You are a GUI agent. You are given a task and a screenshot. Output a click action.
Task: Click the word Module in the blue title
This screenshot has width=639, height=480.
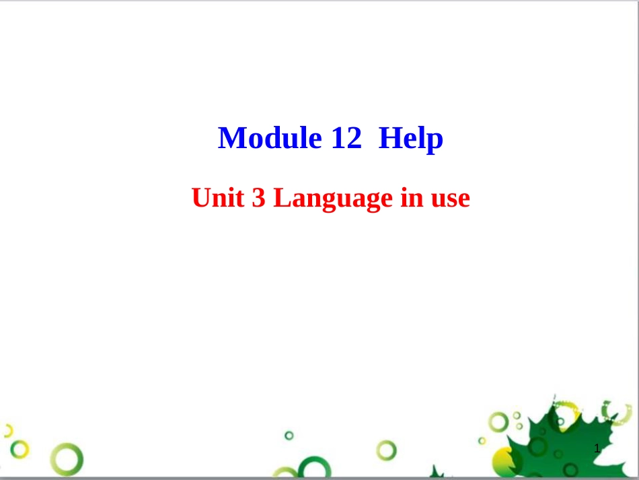[270, 138]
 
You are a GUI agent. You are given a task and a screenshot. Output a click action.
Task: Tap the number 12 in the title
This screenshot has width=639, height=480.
[346, 137]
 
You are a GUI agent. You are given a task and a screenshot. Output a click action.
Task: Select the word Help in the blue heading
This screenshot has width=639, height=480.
[411, 139]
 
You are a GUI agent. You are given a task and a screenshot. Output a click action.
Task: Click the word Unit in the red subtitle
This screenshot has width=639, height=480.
[218, 198]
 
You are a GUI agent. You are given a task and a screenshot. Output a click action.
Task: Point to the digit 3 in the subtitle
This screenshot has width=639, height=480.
[258, 198]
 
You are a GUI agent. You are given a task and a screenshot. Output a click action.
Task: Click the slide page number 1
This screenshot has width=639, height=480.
[597, 448]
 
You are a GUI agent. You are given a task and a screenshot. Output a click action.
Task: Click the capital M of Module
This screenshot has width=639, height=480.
[231, 138]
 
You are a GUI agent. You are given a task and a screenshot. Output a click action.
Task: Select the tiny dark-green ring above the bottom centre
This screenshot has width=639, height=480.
[289, 436]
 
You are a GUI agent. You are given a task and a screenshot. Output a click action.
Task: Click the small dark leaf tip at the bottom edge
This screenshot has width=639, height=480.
[437, 472]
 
